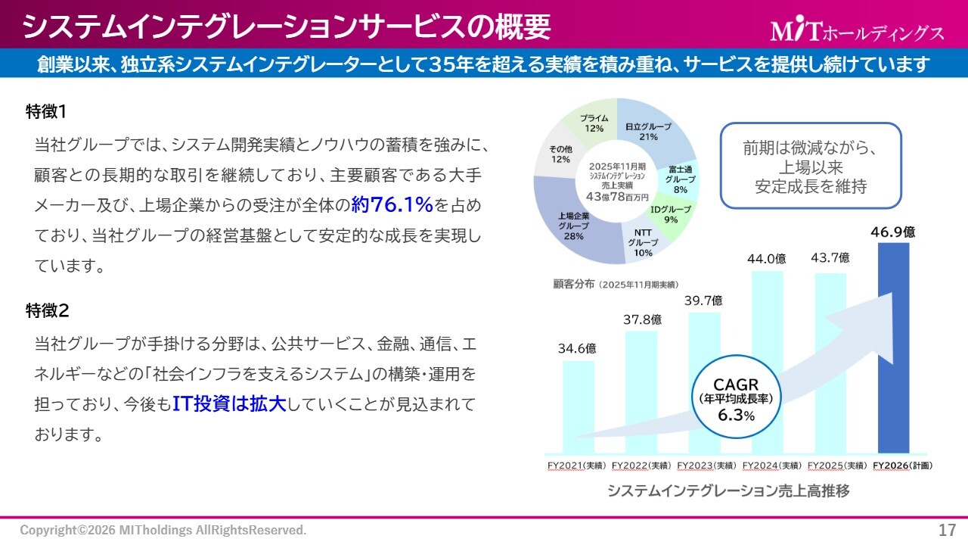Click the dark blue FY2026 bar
coord(893,348)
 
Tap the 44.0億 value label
coord(767,259)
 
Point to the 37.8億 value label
coord(642,319)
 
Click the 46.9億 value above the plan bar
coord(892,232)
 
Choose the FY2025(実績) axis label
coord(837,466)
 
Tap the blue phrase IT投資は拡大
coord(228,403)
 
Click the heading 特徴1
coord(47,111)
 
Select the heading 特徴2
coord(47,310)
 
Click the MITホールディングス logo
coord(857,31)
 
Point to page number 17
coord(947,529)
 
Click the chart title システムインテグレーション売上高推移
coord(728,491)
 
